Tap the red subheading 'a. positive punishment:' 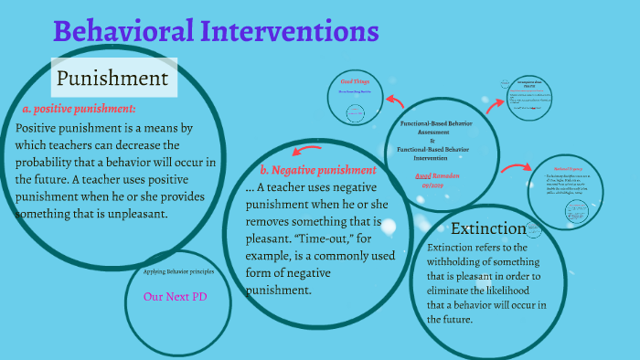[x=79, y=109]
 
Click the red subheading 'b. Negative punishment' [x=317, y=170]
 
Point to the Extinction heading [x=488, y=228]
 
